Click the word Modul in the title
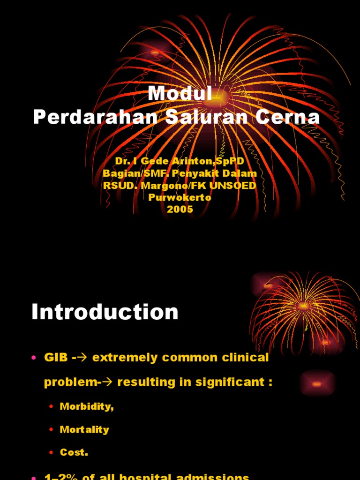point(180,94)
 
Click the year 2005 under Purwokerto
point(180,210)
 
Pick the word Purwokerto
point(180,197)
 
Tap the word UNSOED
point(233,186)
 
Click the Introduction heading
point(105,312)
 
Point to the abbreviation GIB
point(53,358)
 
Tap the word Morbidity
point(87,406)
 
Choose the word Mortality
point(84,429)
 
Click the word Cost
point(74,452)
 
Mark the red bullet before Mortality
point(51,430)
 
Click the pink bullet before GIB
point(34,358)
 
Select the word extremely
point(124,358)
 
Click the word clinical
point(246,358)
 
